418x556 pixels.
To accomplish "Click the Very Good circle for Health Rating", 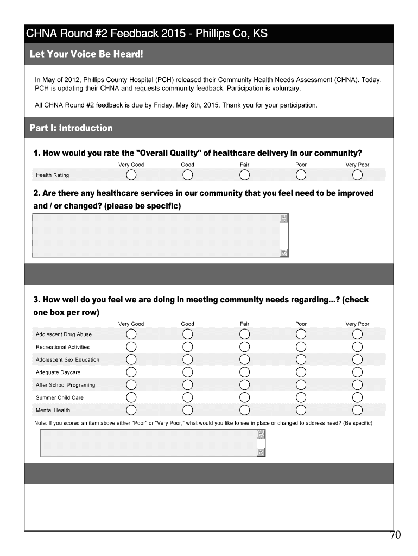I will (x=131, y=175).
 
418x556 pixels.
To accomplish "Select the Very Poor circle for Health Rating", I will (x=357, y=175).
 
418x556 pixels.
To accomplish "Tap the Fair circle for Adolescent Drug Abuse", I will (x=244, y=334).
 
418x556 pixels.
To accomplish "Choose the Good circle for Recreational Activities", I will (x=188, y=347).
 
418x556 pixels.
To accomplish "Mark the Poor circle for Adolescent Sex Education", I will (x=301, y=359).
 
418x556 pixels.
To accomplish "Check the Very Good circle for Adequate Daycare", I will (x=131, y=372).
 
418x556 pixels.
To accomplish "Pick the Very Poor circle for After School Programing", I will (x=357, y=385).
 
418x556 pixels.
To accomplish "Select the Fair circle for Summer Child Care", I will (x=244, y=397).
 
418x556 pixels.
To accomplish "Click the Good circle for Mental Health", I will (x=188, y=410).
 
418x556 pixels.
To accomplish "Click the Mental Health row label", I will (x=53, y=410).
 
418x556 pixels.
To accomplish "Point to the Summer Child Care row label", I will (x=59, y=398).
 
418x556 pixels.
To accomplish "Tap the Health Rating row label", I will (x=52, y=175).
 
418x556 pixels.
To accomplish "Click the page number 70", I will (x=395, y=535).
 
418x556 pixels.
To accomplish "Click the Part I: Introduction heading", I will (x=71, y=128).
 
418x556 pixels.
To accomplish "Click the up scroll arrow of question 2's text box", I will (x=284, y=218).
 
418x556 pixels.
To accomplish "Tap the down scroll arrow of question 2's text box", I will (x=284, y=252).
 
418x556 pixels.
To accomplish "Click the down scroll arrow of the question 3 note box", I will (x=261, y=452).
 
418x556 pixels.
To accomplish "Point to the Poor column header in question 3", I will (x=301, y=324).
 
